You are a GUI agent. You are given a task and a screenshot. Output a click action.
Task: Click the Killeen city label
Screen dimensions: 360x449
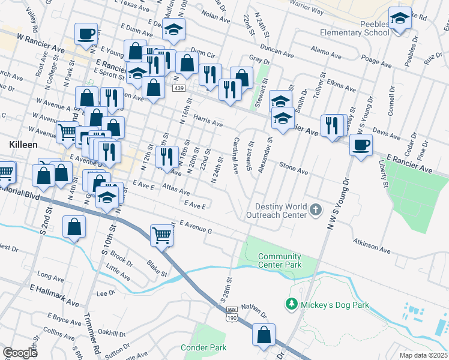click(23, 145)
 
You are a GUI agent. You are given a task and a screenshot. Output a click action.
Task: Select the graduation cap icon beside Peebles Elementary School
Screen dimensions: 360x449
click(399, 20)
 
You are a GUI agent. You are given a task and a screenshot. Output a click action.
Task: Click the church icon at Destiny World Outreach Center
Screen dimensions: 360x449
click(317, 210)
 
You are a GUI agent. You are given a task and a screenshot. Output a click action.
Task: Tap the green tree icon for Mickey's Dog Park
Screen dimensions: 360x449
click(292, 304)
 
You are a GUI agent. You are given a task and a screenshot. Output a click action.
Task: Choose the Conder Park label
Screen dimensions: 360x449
click(203, 347)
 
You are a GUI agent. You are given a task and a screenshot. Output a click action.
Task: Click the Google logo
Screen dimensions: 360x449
click(20, 353)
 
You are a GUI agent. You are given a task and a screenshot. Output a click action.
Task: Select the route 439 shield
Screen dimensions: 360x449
click(179, 88)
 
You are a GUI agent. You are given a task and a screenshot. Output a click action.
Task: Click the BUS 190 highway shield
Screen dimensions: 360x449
click(232, 313)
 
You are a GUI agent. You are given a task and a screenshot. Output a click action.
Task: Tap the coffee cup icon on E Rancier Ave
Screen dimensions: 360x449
click(361, 145)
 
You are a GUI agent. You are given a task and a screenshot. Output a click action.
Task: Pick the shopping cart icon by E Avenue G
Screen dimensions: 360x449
click(162, 235)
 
